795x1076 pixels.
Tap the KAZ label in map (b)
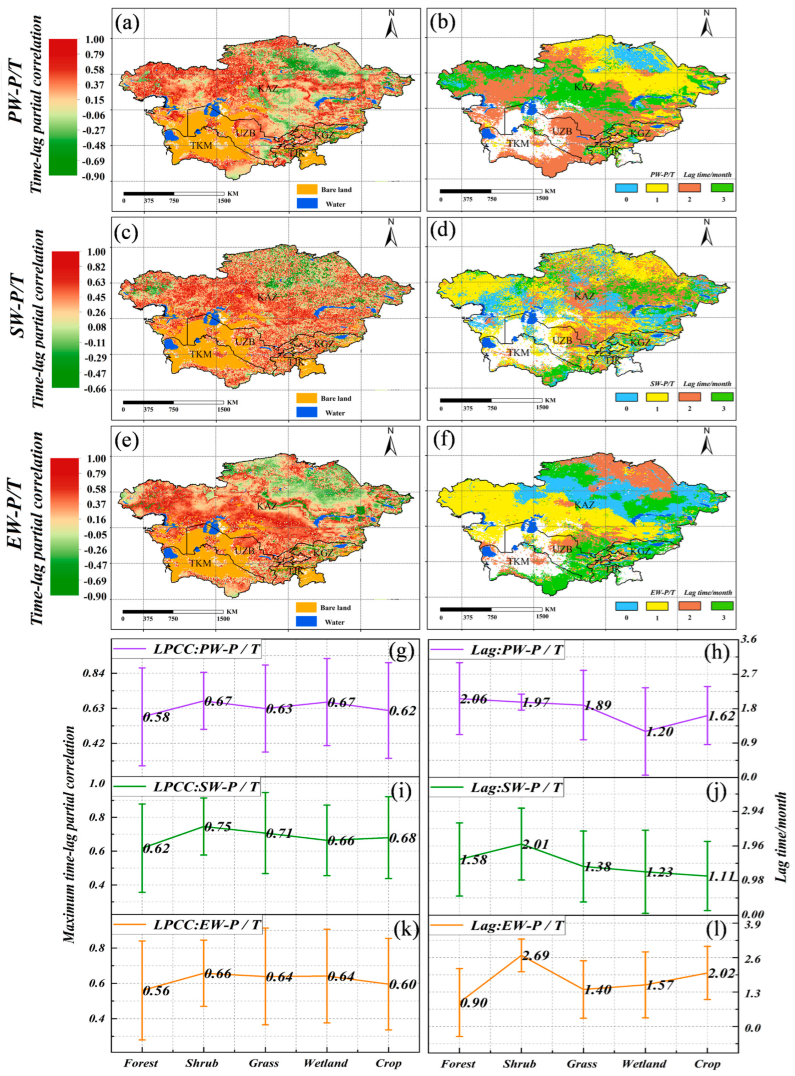tap(584, 88)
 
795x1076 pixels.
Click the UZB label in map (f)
tap(562, 549)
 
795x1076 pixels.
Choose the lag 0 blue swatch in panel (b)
tap(627, 187)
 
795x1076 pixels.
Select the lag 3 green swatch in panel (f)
tap(721, 605)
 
